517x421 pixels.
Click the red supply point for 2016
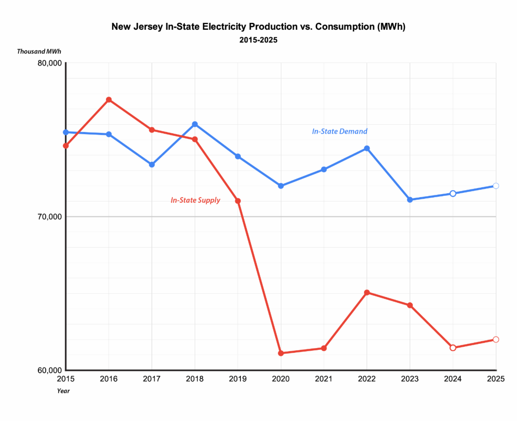109,100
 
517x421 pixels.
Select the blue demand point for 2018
195,124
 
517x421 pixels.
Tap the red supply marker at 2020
280,353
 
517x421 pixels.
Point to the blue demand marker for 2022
367,148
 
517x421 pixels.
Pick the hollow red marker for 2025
495,339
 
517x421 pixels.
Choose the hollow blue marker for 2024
453,194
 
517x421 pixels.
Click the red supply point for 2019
238,201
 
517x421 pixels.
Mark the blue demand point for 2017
152,164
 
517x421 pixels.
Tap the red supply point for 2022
367,292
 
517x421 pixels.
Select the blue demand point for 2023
410,200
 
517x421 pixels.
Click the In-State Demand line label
339,132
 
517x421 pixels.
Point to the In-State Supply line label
196,200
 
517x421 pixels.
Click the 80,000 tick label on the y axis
50,63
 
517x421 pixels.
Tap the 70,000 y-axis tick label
50,217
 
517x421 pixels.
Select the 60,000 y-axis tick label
50,370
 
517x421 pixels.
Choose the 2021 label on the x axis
324,379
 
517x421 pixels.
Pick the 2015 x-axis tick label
65,379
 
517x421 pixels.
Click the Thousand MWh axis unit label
39,51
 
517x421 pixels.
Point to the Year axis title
63,391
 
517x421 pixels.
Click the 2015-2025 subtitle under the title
258,40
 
